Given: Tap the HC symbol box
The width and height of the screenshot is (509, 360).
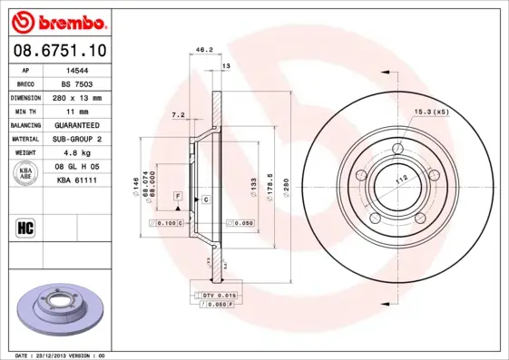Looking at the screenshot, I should tap(26, 228).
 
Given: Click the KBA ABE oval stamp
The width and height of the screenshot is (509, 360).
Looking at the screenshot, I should tap(26, 174).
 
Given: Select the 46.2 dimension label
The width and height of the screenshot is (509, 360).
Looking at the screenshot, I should tap(204, 50).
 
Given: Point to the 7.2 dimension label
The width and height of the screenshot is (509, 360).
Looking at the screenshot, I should tap(178, 115).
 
